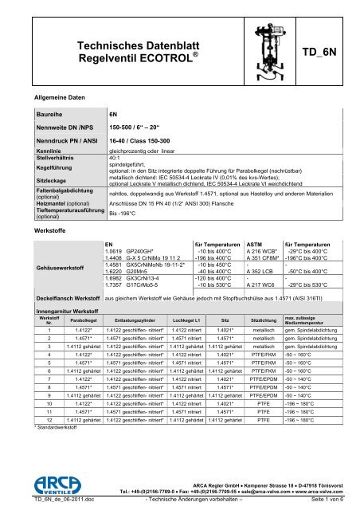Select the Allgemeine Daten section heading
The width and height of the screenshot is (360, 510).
pyautogui.click(x=56, y=96)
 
